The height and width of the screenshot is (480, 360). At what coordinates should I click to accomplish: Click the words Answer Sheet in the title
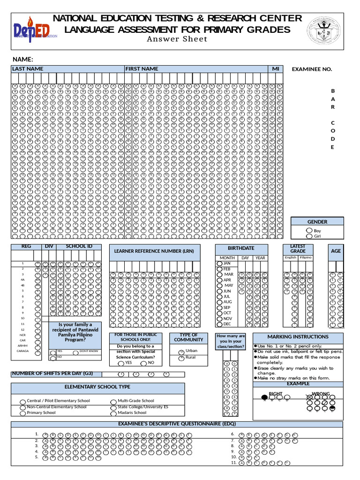[x=177, y=39]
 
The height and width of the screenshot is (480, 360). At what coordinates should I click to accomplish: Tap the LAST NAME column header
[x=28, y=69]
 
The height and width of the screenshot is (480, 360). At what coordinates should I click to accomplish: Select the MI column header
[x=276, y=69]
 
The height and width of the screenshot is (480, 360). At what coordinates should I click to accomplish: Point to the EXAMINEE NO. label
[x=312, y=69]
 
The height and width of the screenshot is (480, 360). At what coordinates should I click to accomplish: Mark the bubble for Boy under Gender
[x=309, y=231]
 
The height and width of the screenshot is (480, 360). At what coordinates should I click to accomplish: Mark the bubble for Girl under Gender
[x=309, y=236]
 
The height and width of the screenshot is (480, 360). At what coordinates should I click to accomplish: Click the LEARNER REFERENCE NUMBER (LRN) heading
[x=154, y=251]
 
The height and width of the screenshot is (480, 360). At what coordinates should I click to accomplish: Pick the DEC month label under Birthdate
[x=227, y=324]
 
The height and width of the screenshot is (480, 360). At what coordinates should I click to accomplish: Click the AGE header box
[x=336, y=251]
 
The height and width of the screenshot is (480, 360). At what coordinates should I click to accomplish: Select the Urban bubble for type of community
[x=181, y=352]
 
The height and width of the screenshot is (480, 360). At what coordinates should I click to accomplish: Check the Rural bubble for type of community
[x=181, y=358]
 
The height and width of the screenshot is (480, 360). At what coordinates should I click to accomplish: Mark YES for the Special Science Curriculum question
[x=121, y=363]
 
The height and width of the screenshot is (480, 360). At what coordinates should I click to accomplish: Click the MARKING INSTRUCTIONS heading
[x=298, y=337]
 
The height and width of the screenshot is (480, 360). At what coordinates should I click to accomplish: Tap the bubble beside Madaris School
[x=113, y=413]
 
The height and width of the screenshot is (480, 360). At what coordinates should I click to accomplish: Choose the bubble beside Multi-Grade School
[x=113, y=401]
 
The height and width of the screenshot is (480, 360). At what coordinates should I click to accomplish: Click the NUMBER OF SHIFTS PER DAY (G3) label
[x=52, y=374]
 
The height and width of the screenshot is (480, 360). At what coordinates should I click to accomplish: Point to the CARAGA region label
[x=22, y=351]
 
